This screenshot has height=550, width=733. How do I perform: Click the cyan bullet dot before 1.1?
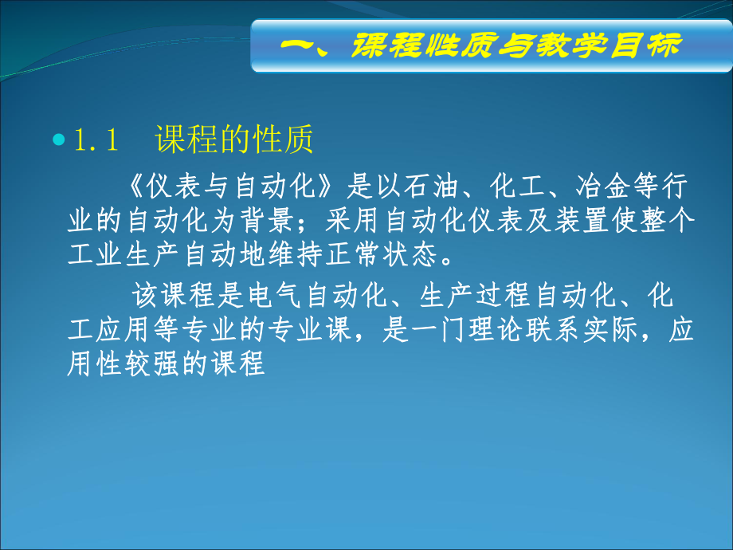point(57,139)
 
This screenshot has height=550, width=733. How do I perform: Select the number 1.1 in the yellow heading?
point(96,140)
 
